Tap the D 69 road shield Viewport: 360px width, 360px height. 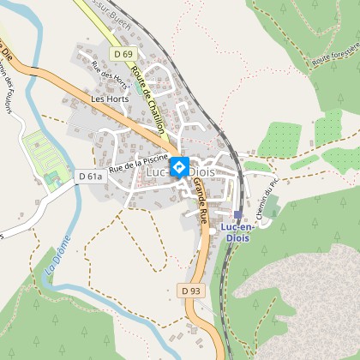[x=124, y=54]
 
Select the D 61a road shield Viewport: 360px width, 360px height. [x=90, y=177]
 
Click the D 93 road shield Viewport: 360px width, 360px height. [x=191, y=291]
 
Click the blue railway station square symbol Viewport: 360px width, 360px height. [x=237, y=215]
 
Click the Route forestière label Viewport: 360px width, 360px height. [x=334, y=57]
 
